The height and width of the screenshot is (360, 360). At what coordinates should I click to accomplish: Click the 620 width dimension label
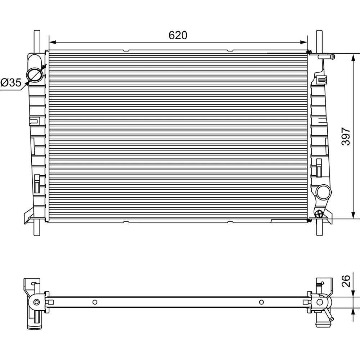pos(178,35)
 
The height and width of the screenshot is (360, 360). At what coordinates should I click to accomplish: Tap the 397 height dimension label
pos(346,136)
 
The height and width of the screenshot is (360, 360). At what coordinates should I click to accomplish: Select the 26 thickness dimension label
pos(346,281)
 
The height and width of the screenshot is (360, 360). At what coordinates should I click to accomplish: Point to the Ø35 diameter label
pos(11,82)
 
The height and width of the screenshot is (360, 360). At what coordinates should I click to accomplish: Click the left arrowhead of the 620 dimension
pos(53,42)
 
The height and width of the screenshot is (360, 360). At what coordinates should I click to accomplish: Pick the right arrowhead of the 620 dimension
pos(303,42)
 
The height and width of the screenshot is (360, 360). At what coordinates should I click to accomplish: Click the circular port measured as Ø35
pos(35,74)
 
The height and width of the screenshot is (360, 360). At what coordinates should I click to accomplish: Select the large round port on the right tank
pos(324,192)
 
